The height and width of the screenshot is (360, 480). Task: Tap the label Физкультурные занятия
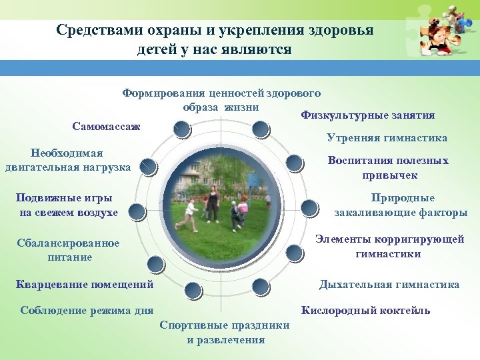[x=367, y=115]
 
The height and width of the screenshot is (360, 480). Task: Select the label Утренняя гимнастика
[x=387, y=138]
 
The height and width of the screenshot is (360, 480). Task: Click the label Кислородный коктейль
[x=366, y=310]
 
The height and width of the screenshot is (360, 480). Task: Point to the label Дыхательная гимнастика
[x=389, y=285]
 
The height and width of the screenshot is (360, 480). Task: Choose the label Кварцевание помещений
[x=84, y=285]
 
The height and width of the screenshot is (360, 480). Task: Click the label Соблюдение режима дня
[x=87, y=310]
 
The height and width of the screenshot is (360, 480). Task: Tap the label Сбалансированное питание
[x=68, y=250]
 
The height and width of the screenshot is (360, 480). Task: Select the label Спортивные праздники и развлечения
[x=225, y=332]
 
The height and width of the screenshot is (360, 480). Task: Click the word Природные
[x=403, y=198]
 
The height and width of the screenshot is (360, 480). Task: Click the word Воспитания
[x=359, y=161]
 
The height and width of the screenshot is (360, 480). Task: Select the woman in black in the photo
[x=212, y=203]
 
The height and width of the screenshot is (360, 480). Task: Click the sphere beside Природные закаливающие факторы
[x=309, y=209]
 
